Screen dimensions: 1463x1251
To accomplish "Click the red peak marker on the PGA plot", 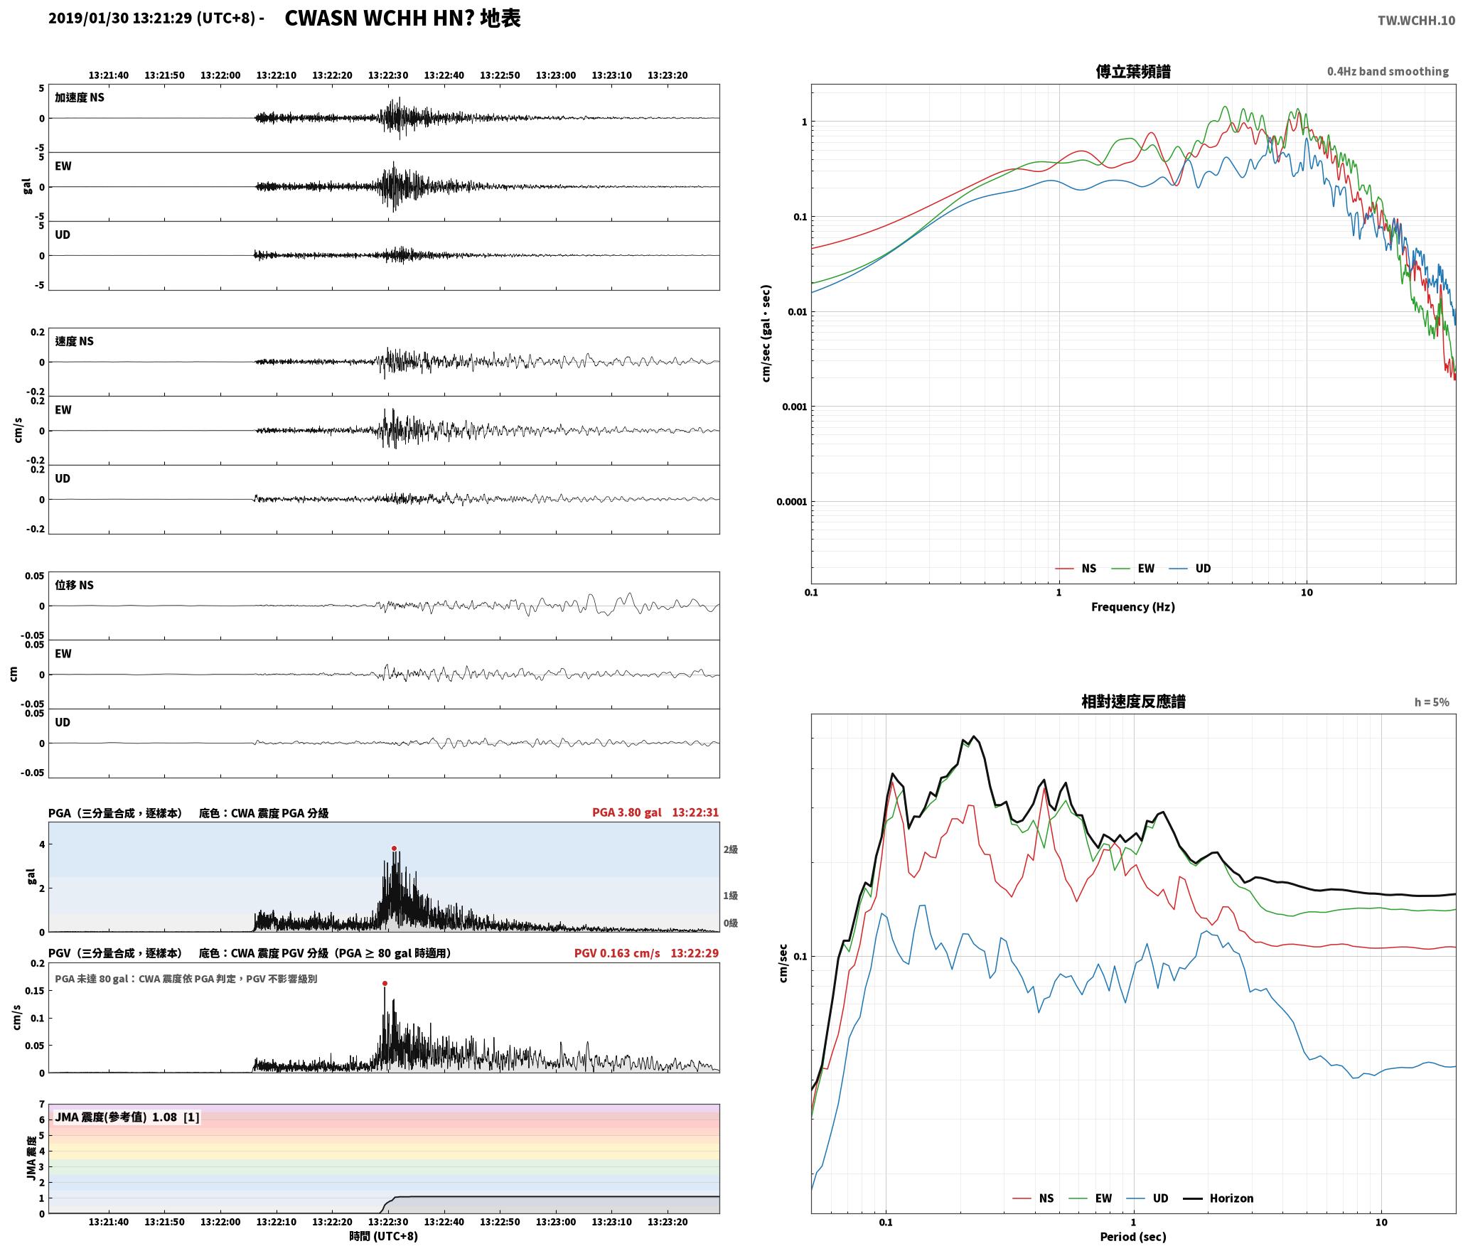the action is click(394, 848).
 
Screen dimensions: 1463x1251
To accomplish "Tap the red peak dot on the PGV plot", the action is click(385, 984).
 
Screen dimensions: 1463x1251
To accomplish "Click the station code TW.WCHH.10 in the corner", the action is click(1416, 21).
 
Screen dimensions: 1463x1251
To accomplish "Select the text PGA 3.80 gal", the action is click(626, 812).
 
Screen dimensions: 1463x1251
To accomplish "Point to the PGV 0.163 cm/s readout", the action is click(617, 953).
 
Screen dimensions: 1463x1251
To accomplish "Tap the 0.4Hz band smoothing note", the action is click(1388, 72).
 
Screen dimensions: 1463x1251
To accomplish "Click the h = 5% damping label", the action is click(1431, 702).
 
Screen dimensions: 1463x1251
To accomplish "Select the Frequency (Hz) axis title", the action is click(1133, 607).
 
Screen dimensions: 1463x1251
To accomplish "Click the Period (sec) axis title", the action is click(1133, 1237).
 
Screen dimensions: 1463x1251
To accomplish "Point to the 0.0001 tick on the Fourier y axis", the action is click(792, 502).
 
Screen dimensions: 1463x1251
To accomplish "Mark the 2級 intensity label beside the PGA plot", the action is click(730, 849).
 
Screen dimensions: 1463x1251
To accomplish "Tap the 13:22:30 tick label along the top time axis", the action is click(388, 75).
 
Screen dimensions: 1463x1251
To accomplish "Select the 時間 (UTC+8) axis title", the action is click(384, 1236).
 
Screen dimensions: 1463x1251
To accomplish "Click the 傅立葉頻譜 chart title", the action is click(1133, 71).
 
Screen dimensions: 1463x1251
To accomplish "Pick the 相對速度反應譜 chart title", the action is click(1133, 702).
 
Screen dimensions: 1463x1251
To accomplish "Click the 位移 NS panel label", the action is click(74, 585).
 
